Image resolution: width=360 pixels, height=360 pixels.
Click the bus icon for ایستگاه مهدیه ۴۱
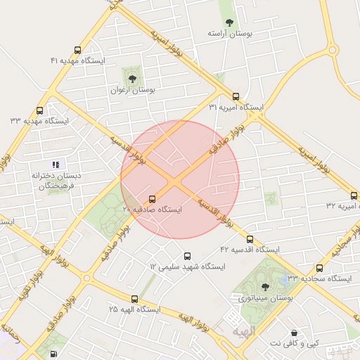click(x=77, y=50)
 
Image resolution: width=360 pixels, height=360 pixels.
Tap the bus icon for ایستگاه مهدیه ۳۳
click(x=39, y=110)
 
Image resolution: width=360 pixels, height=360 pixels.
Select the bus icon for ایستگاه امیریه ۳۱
click(x=236, y=97)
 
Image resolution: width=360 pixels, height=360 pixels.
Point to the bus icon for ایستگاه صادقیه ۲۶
click(x=153, y=199)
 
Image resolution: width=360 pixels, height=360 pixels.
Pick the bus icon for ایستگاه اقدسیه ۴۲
click(x=250, y=239)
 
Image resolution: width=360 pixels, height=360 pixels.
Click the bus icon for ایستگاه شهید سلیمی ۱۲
click(x=187, y=256)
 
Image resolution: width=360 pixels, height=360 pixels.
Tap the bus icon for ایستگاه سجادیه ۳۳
click(x=320, y=268)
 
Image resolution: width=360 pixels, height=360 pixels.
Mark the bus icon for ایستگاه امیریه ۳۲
click(x=354, y=195)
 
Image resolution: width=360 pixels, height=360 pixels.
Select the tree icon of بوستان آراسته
click(x=229, y=22)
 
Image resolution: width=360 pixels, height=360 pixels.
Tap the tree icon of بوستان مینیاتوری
click(x=264, y=286)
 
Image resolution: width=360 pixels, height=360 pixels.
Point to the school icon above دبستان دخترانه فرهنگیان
click(x=56, y=164)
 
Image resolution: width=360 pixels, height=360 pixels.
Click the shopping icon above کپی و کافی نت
click(x=294, y=332)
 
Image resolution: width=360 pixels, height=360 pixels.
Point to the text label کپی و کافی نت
click(x=295, y=342)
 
